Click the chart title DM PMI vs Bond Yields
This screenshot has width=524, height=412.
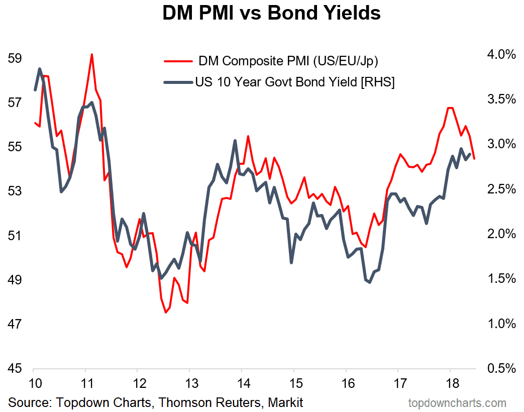click(271, 14)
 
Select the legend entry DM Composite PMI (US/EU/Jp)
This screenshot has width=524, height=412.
click(288, 62)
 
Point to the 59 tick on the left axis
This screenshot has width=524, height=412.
click(15, 58)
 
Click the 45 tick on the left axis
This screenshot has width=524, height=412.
click(15, 368)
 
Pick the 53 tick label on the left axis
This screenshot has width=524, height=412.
click(15, 191)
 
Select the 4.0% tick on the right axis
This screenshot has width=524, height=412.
click(501, 54)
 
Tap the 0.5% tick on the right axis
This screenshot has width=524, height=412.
click(501, 368)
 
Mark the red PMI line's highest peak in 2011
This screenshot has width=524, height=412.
click(92, 54)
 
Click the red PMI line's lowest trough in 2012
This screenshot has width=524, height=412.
click(165, 313)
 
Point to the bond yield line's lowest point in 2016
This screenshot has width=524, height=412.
click(369, 282)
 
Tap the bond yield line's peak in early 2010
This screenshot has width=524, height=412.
click(39, 69)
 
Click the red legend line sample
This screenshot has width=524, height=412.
click(178, 62)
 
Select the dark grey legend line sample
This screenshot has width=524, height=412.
click(178, 82)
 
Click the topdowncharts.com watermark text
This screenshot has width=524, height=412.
click(457, 402)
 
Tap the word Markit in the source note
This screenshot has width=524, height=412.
click(285, 402)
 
